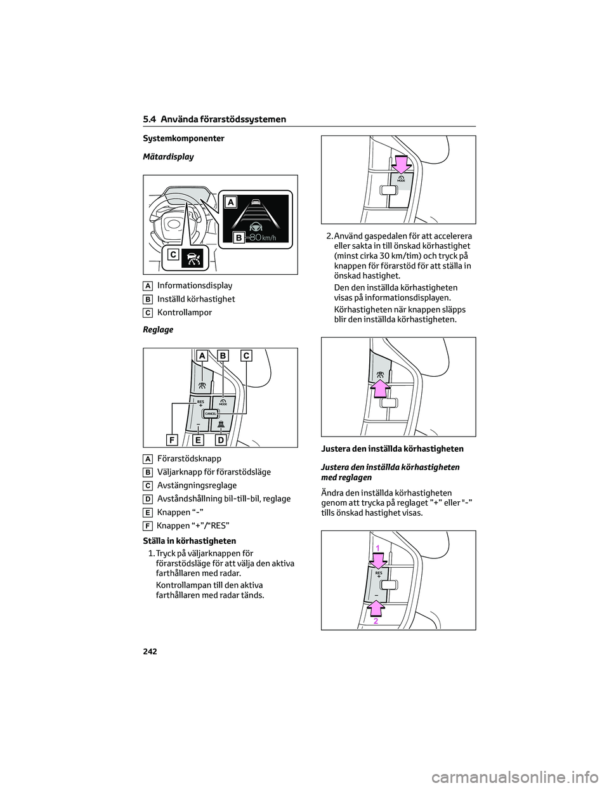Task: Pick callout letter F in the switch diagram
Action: (172, 439)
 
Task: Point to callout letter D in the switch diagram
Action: (220, 439)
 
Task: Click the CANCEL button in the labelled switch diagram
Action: (211, 412)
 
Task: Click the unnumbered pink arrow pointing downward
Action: (401, 164)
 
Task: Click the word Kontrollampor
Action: (185, 312)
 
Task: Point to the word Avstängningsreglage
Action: (197, 485)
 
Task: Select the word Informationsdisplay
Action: (195, 286)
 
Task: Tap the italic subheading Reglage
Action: (158, 329)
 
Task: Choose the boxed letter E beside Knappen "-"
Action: (147, 513)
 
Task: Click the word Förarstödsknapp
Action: (189, 458)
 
